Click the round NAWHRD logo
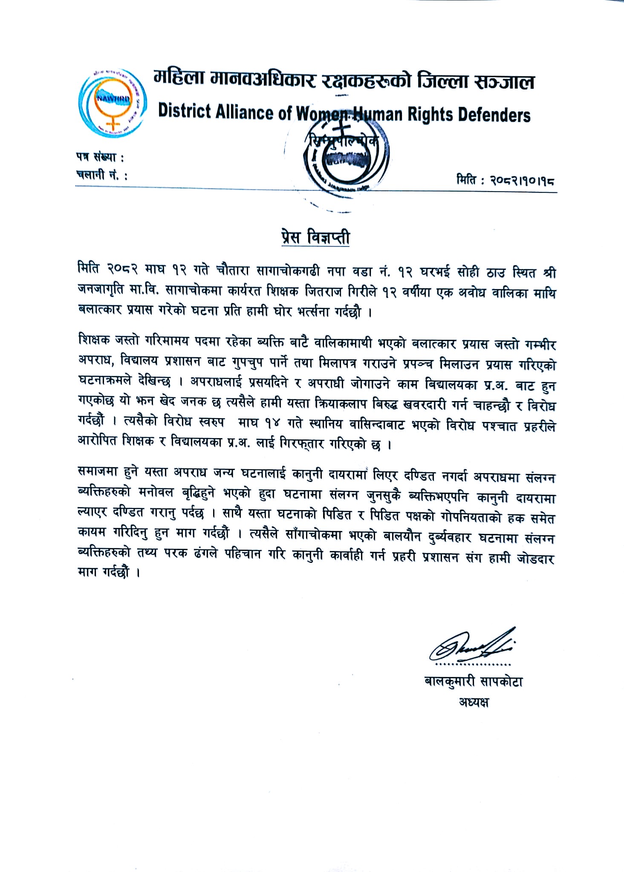pyautogui.click(x=113, y=100)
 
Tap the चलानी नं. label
pyautogui.click(x=102, y=175)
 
